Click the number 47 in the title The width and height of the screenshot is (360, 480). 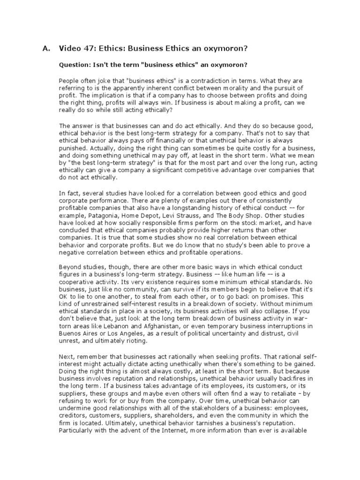[x=86, y=48]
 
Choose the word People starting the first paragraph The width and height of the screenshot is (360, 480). [x=68, y=80]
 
